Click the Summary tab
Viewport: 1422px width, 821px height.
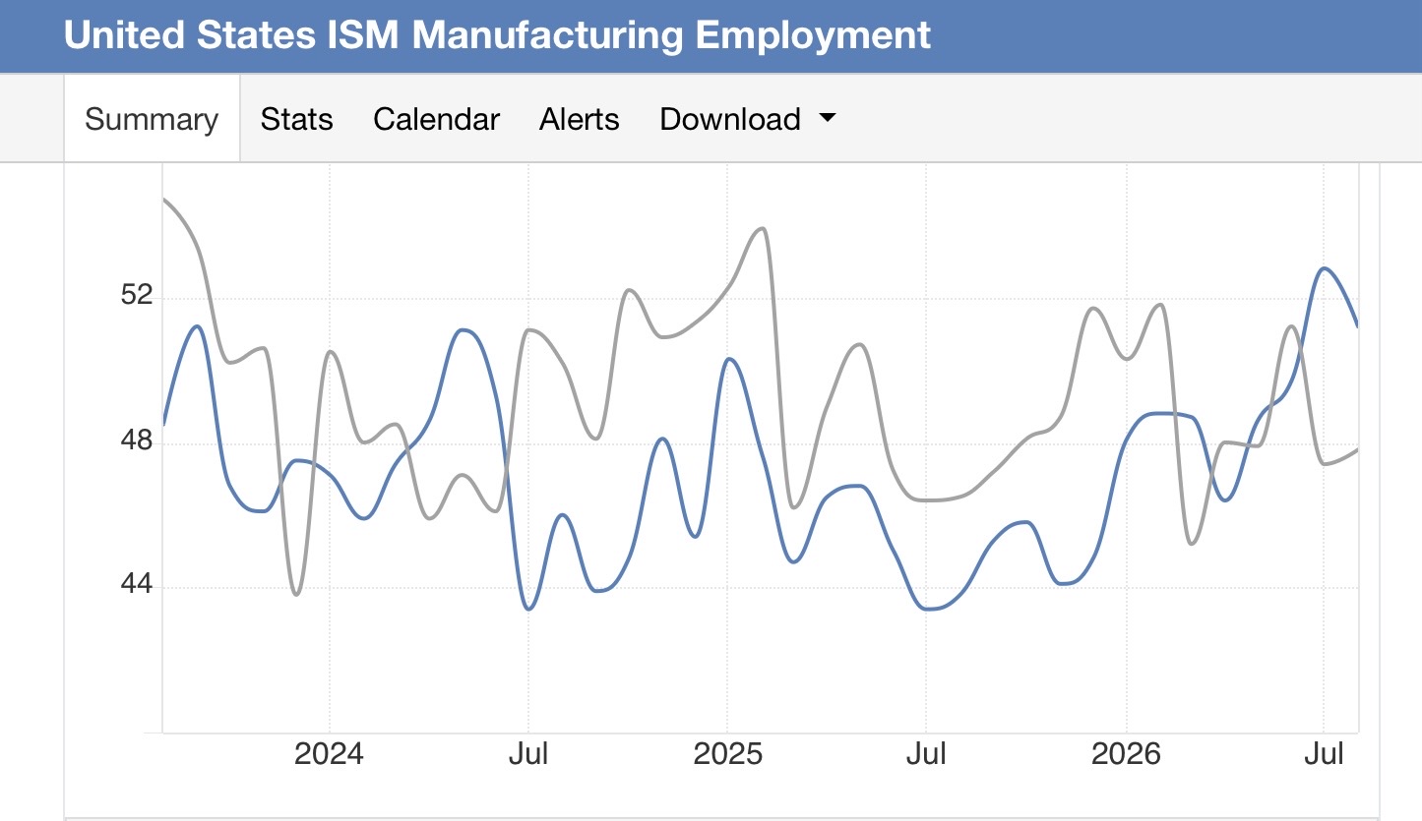click(x=152, y=119)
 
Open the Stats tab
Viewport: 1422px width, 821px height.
click(x=296, y=119)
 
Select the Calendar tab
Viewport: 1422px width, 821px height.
click(x=437, y=119)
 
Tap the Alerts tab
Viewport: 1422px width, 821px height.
click(x=579, y=119)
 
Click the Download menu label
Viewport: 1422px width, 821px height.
click(x=730, y=119)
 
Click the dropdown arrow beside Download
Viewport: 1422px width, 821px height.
click(x=828, y=117)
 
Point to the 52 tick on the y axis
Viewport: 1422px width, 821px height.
click(x=137, y=295)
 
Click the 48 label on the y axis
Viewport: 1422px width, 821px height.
click(x=137, y=440)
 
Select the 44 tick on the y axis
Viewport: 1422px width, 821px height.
click(x=137, y=584)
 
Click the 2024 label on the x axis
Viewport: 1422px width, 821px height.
click(x=329, y=754)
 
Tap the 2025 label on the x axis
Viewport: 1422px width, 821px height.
click(x=727, y=754)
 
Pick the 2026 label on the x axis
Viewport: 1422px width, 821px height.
click(x=1126, y=754)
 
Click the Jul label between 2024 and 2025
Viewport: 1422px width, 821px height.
click(x=528, y=754)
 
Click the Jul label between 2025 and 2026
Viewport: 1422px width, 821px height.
click(x=926, y=754)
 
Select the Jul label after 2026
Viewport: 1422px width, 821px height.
click(x=1324, y=754)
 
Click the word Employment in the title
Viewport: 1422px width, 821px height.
click(x=813, y=35)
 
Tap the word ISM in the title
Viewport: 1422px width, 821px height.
click(x=362, y=34)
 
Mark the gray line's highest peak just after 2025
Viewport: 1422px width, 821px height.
click(x=763, y=228)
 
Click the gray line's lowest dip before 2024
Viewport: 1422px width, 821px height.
click(x=296, y=595)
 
